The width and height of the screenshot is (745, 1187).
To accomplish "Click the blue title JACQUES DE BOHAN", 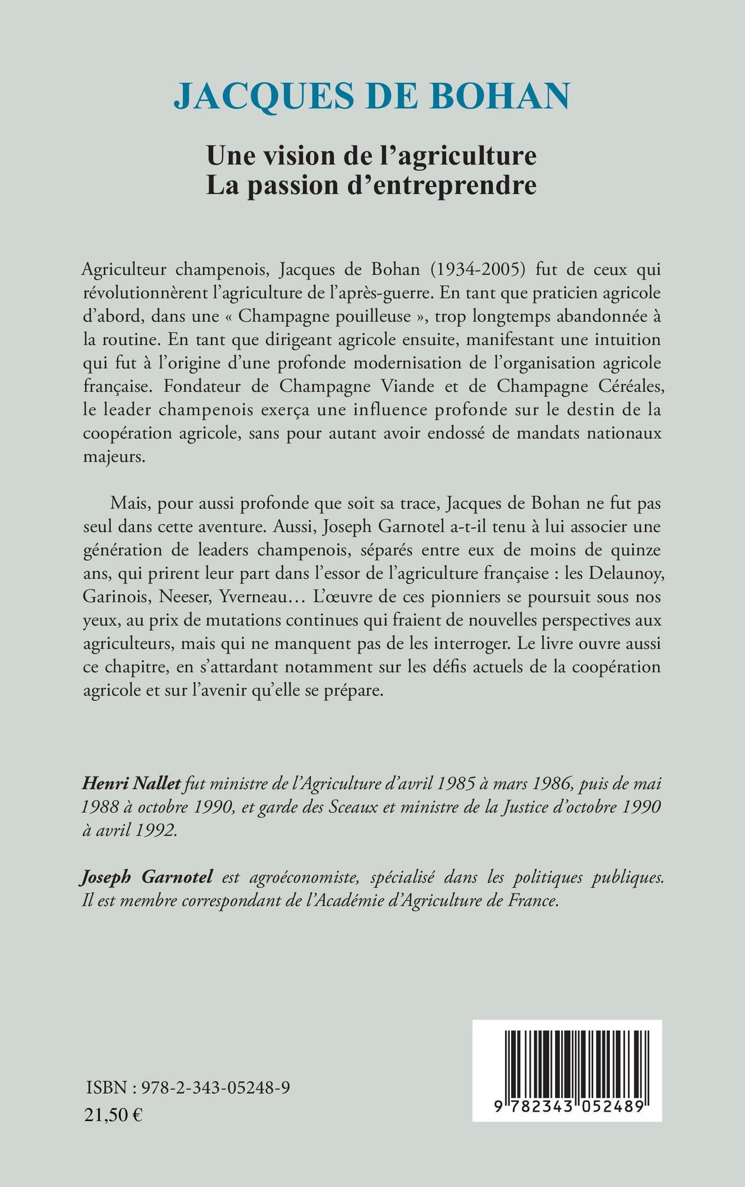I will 372,96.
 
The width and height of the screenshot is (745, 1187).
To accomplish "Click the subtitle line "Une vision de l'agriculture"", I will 371,155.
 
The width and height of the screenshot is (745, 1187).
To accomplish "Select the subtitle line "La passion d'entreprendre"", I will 371,185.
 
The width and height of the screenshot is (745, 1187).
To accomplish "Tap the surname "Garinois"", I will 116,596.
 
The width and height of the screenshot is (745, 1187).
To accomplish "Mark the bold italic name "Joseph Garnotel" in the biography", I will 147,877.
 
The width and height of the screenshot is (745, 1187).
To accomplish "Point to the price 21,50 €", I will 113,1114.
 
